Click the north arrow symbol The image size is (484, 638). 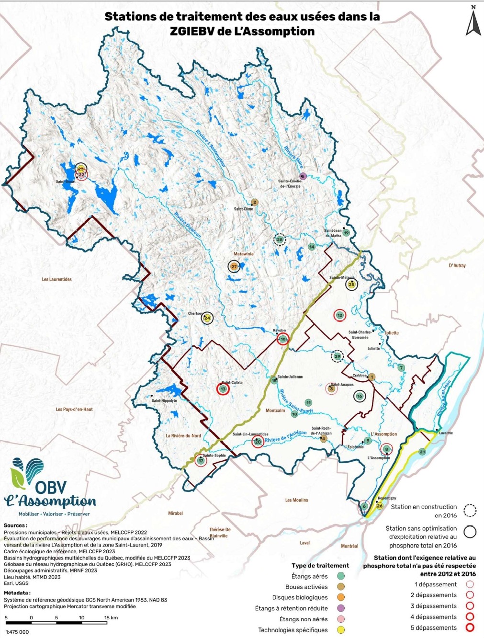pos(473,21)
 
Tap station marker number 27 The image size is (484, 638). pos(234,267)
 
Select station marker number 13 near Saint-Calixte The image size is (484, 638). pos(223,389)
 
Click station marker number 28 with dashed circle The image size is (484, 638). pos(280,239)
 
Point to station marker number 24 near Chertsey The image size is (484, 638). pos(207,318)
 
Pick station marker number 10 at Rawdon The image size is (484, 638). pos(283,339)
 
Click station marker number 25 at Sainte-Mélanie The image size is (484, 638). pos(352,285)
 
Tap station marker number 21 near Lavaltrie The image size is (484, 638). pos(422,452)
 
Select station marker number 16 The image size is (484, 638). pos(360,396)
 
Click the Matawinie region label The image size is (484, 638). pos(244,254)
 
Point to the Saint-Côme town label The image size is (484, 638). pos(243,209)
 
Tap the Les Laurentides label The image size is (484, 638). pos(56,279)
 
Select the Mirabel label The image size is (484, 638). pos(175,513)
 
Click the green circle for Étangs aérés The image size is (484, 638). pos(341,576)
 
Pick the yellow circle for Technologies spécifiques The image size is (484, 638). pos(341,630)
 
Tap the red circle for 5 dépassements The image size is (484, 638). pos(470,627)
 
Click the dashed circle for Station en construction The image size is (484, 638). pos(470,511)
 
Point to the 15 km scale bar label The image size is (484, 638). pos(111,617)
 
